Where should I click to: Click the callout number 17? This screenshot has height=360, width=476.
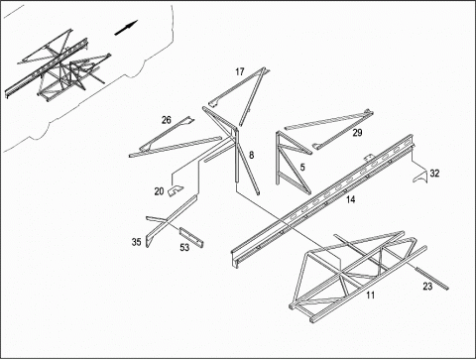point(240,71)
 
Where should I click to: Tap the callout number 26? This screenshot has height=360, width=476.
point(167,120)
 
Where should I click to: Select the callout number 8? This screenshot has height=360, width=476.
point(252,155)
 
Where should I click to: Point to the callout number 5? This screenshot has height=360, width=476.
point(302,168)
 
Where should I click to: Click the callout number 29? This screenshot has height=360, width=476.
point(357,133)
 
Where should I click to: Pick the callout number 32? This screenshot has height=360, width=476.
point(434,174)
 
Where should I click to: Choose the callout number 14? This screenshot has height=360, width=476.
point(350,199)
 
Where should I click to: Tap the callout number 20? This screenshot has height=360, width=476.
point(159,191)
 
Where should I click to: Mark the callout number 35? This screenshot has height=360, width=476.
point(137,242)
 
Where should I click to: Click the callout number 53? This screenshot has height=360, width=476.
point(184,247)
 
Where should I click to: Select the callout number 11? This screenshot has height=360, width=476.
point(371,296)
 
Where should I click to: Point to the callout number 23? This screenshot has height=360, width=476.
point(427,287)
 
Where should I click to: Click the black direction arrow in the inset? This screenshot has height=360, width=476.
point(126,28)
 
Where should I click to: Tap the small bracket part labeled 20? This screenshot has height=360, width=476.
point(176,190)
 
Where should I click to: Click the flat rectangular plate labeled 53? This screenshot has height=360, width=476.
point(191,237)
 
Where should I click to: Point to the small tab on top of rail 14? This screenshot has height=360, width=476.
point(369,158)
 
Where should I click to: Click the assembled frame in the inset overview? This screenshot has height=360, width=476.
point(60,64)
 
